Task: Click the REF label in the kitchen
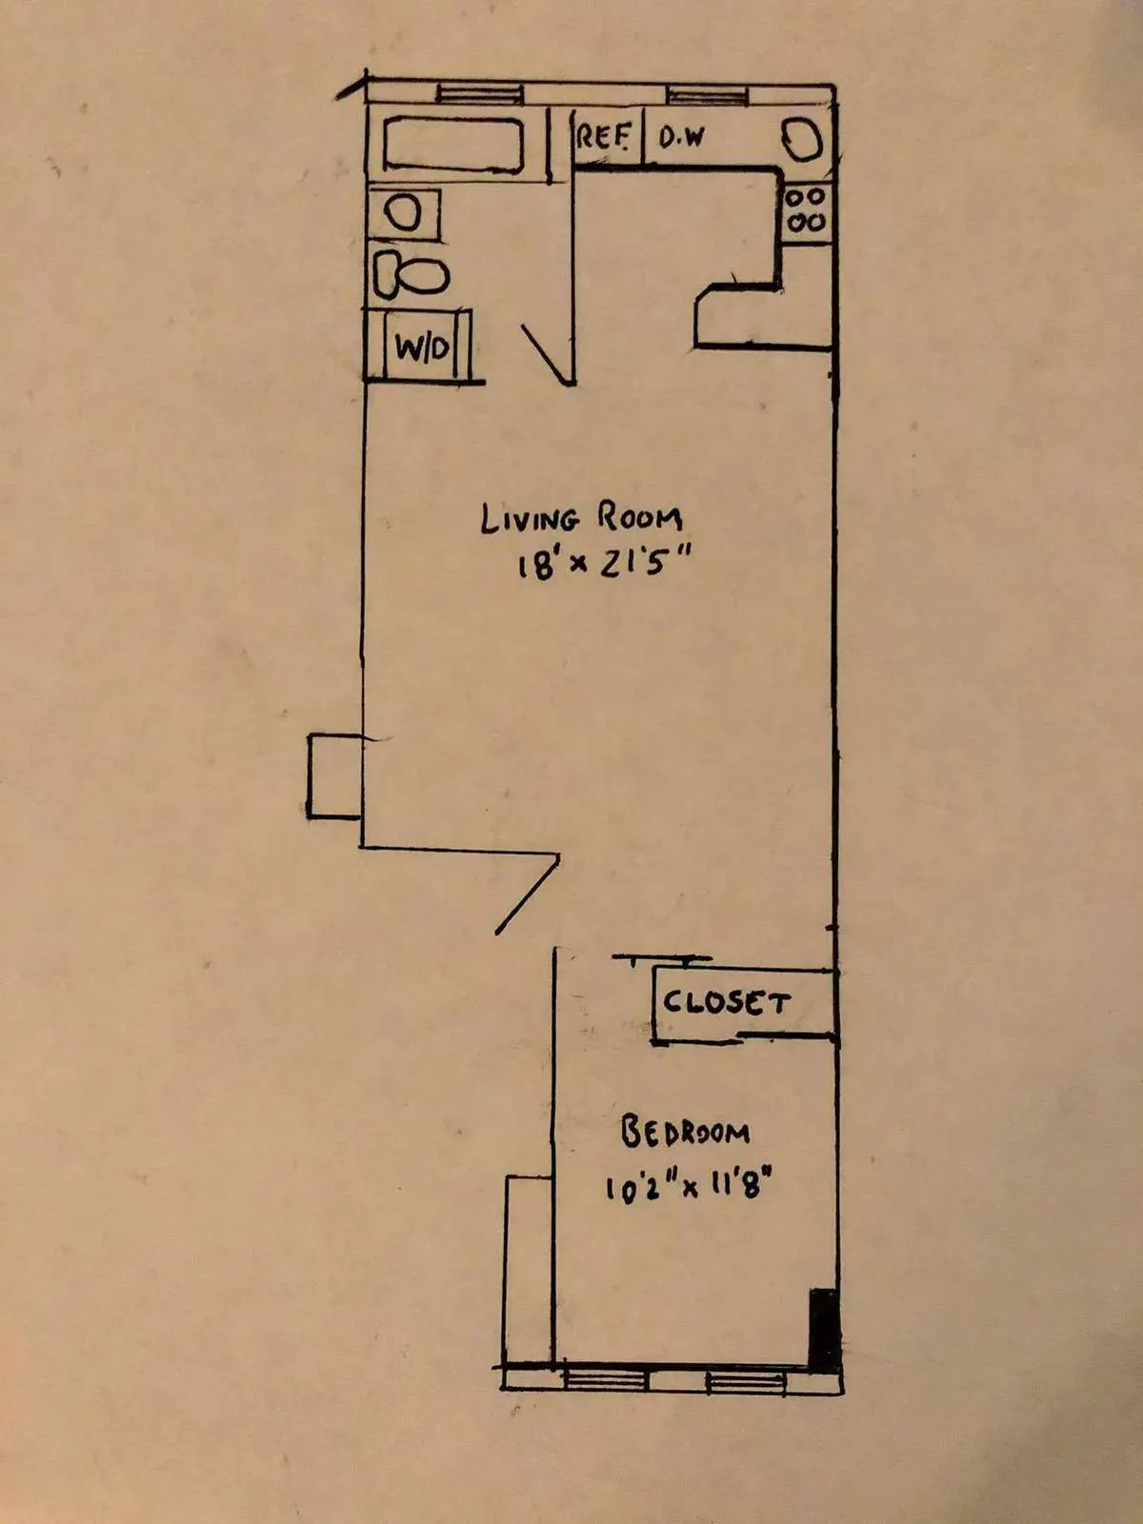point(603,136)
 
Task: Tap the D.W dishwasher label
point(682,137)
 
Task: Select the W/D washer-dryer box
point(422,347)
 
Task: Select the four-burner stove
point(806,211)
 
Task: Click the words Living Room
point(581,519)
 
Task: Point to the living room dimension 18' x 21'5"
point(600,564)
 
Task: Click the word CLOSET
point(727,1002)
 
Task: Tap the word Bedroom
point(685,1133)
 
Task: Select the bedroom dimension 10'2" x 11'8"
point(687,1187)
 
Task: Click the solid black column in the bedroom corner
point(823,1329)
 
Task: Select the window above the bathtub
point(479,93)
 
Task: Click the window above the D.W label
point(706,95)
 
